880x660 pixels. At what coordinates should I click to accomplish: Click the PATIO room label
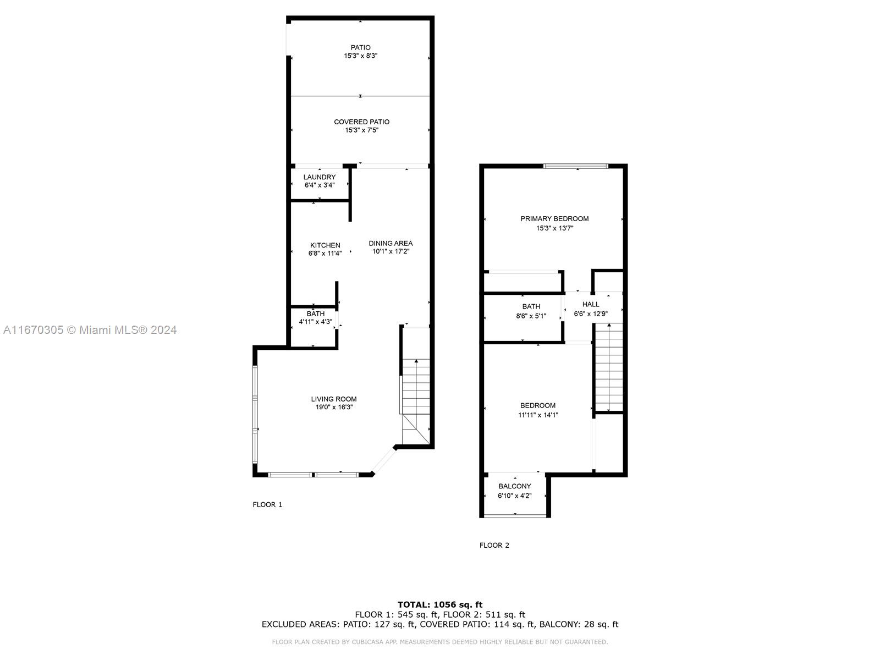tap(360, 47)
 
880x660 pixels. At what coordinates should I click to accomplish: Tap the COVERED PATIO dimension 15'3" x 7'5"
tap(361, 130)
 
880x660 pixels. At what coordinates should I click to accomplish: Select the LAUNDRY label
tap(320, 177)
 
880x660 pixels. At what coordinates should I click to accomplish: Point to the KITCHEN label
tap(325, 245)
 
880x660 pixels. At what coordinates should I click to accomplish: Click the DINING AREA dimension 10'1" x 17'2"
tap(391, 252)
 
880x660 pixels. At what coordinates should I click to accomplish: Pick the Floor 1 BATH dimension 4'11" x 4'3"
tap(316, 322)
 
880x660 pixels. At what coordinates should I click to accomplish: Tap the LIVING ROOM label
tap(334, 399)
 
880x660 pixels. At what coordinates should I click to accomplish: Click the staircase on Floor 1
tap(416, 401)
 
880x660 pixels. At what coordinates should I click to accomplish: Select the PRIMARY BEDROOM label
tap(554, 219)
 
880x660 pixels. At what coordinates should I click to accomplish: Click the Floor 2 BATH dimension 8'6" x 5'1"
tap(531, 316)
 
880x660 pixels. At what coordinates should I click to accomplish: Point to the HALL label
tap(591, 305)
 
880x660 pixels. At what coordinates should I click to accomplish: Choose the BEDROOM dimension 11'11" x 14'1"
tap(538, 415)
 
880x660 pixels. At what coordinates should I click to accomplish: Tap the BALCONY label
tap(515, 486)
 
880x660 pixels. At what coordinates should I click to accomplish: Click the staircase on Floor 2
tap(609, 367)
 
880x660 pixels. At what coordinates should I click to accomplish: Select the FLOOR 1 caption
tap(267, 504)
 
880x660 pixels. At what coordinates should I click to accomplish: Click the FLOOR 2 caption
tap(494, 545)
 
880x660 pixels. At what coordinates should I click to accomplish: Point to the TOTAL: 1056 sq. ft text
tap(440, 604)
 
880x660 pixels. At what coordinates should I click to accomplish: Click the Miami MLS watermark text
tap(90, 330)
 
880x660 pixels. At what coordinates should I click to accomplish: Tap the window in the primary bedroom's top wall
tap(576, 166)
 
